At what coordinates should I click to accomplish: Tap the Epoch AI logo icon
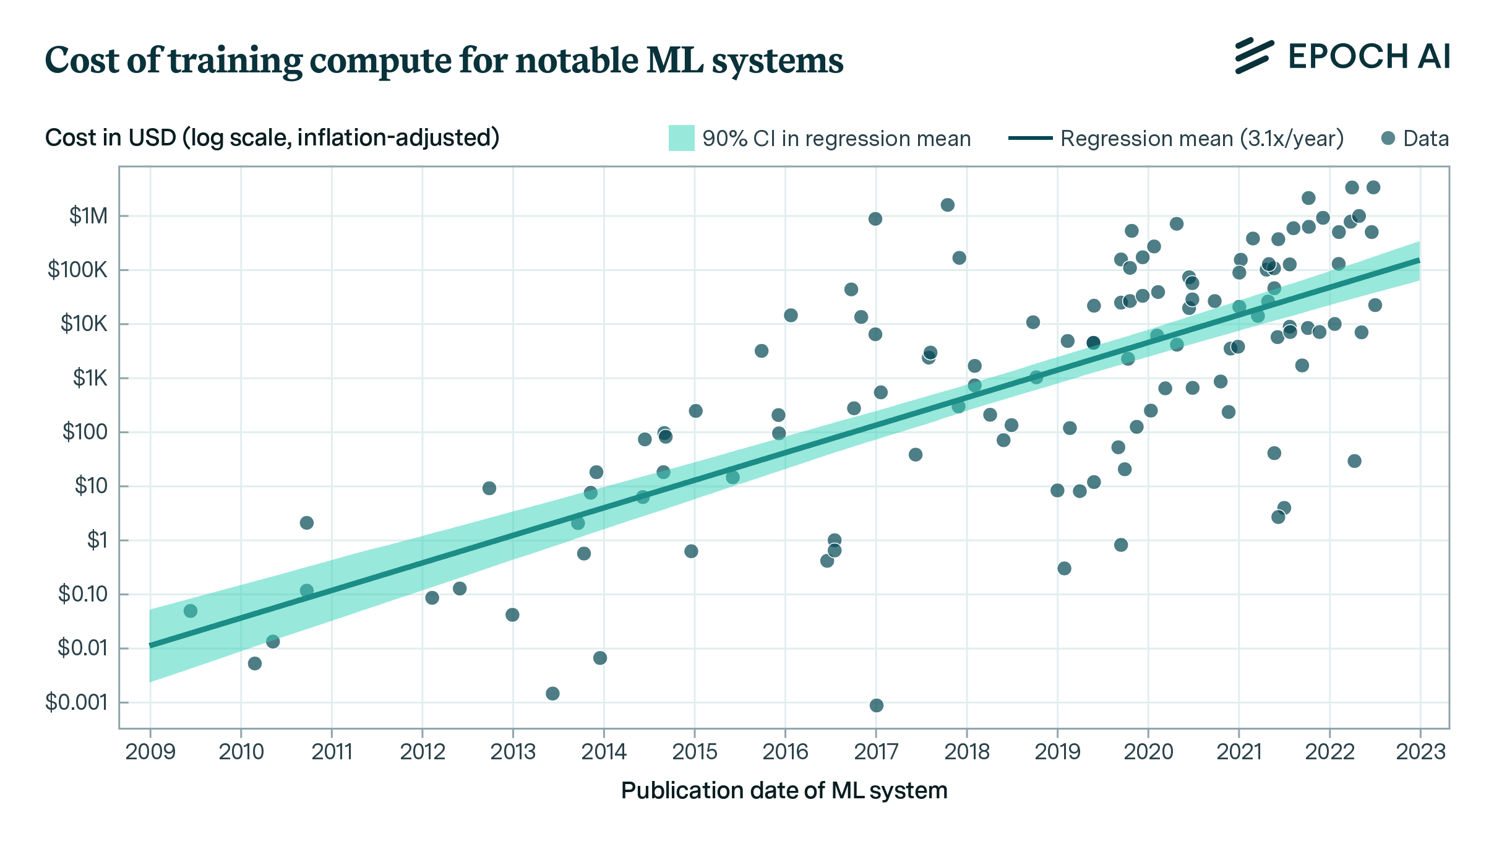(x=1254, y=56)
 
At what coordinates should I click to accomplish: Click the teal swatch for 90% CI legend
(x=681, y=138)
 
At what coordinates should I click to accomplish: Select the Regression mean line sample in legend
(x=1030, y=138)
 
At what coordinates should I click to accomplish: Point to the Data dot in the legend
(x=1388, y=138)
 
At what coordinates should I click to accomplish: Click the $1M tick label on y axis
(x=88, y=216)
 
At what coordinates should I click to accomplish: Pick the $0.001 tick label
(x=77, y=702)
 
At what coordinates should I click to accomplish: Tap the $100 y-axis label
(x=85, y=432)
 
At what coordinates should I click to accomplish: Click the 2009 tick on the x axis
(x=150, y=752)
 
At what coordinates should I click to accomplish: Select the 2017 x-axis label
(x=876, y=752)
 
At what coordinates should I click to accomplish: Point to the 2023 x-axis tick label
(x=1420, y=752)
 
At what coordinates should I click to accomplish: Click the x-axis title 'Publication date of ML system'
(x=784, y=791)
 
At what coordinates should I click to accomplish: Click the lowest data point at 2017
(x=877, y=705)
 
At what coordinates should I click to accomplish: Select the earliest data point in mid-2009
(x=191, y=611)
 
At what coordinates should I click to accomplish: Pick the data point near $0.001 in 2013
(x=553, y=693)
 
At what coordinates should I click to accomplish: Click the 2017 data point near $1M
(x=875, y=219)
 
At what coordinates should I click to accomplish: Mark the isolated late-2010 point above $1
(x=307, y=523)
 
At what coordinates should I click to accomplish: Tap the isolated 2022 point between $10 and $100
(x=1354, y=461)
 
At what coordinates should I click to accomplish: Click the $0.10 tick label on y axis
(x=83, y=594)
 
